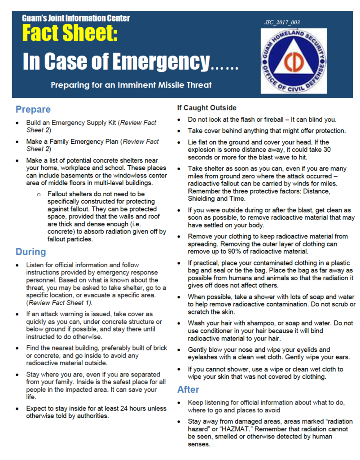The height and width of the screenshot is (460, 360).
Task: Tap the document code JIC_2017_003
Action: [282, 22]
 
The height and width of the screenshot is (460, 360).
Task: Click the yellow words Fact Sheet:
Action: [70, 34]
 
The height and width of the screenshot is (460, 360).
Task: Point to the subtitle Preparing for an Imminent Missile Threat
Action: [131, 84]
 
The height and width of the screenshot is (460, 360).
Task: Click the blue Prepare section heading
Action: [33, 109]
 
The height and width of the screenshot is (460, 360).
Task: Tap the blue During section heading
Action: [31, 252]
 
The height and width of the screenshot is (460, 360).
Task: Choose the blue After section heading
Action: [189, 389]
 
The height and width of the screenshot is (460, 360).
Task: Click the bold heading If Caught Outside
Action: [206, 108]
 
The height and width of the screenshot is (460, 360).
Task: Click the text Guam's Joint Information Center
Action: [76, 18]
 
